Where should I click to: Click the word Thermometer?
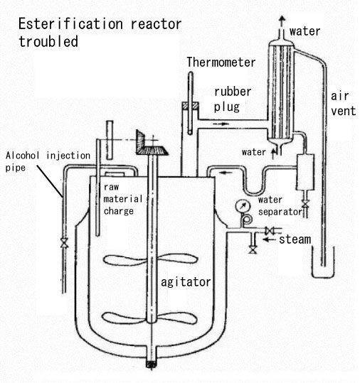(x=221, y=63)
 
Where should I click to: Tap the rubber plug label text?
(x=233, y=99)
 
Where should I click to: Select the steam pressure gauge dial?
(x=243, y=206)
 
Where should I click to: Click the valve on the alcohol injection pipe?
(x=64, y=243)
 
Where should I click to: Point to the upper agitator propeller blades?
(x=150, y=259)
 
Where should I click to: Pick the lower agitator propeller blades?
(x=149, y=318)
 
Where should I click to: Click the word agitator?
(x=186, y=282)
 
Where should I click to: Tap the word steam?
(x=295, y=239)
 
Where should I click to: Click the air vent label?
(x=343, y=104)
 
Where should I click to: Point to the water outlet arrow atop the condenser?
(x=282, y=21)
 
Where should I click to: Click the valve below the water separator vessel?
(x=305, y=203)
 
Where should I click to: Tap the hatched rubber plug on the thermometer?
(x=190, y=105)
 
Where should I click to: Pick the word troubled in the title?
(x=48, y=41)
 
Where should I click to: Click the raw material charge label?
(x=123, y=199)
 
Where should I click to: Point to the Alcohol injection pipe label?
(x=48, y=161)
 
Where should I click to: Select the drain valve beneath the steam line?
(x=253, y=250)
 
